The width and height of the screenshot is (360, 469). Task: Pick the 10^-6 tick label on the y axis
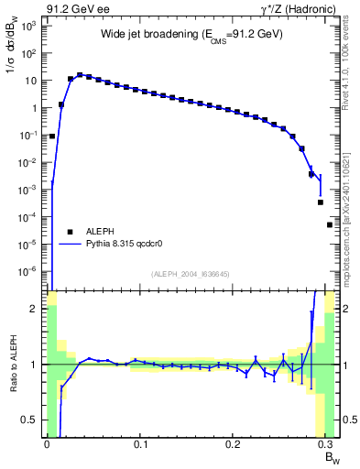click(27, 271)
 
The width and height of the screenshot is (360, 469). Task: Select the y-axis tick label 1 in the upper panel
click(33, 108)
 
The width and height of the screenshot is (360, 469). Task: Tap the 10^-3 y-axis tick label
click(27, 190)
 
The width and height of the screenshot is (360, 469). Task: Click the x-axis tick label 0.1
click(140, 442)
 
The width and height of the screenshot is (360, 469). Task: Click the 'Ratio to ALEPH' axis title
click(12, 364)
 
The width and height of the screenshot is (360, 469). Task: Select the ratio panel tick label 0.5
click(30, 420)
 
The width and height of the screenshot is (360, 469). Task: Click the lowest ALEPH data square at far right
click(330, 224)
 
